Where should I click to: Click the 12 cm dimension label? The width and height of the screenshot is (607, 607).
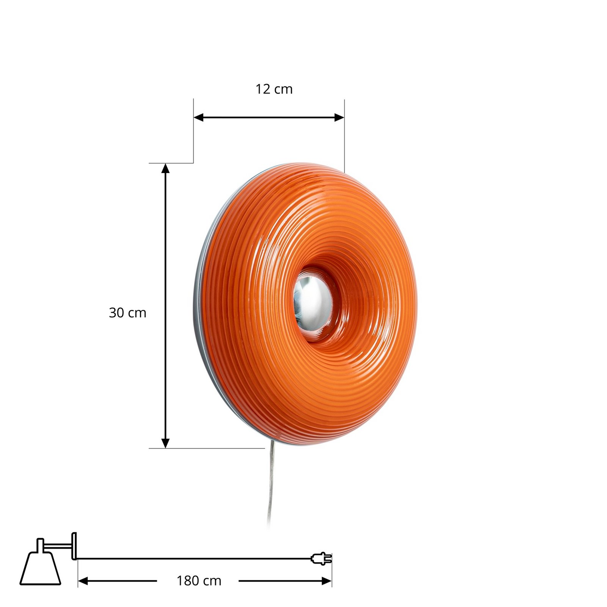tap(274, 90)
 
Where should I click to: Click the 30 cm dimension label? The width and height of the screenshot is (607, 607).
tap(127, 313)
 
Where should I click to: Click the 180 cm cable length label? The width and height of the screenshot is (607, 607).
tap(199, 581)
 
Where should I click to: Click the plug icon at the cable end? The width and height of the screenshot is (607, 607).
tap(321, 558)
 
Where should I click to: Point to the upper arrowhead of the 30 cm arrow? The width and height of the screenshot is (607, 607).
tap(165, 169)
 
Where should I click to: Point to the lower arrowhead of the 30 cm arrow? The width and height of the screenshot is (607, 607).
tap(165, 442)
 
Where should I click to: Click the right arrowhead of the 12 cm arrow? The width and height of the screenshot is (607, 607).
tap(339, 118)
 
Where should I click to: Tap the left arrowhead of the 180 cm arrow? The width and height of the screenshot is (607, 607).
tap(83, 581)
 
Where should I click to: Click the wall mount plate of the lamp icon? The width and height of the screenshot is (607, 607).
tap(74, 546)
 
